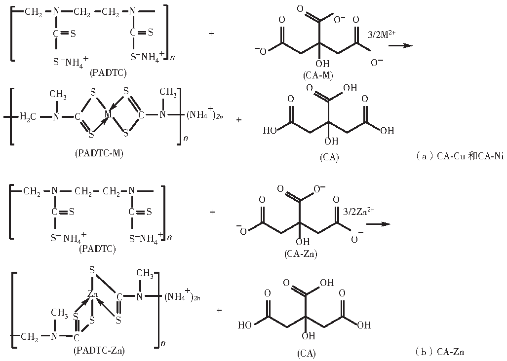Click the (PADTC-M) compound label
99,153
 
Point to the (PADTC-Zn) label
99,351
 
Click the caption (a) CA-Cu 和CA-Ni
453,157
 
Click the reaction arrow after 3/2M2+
400,45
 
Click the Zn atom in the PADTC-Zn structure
93,294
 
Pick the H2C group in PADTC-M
28,116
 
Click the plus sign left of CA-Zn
212,212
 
